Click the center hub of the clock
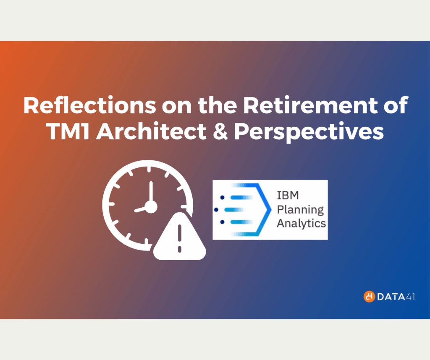tap(150, 206)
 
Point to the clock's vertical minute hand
tap(150, 191)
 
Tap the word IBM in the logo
tap(286, 196)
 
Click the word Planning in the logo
tap(300, 209)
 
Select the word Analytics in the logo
tap(301, 223)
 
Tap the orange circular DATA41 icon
tap(369, 297)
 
